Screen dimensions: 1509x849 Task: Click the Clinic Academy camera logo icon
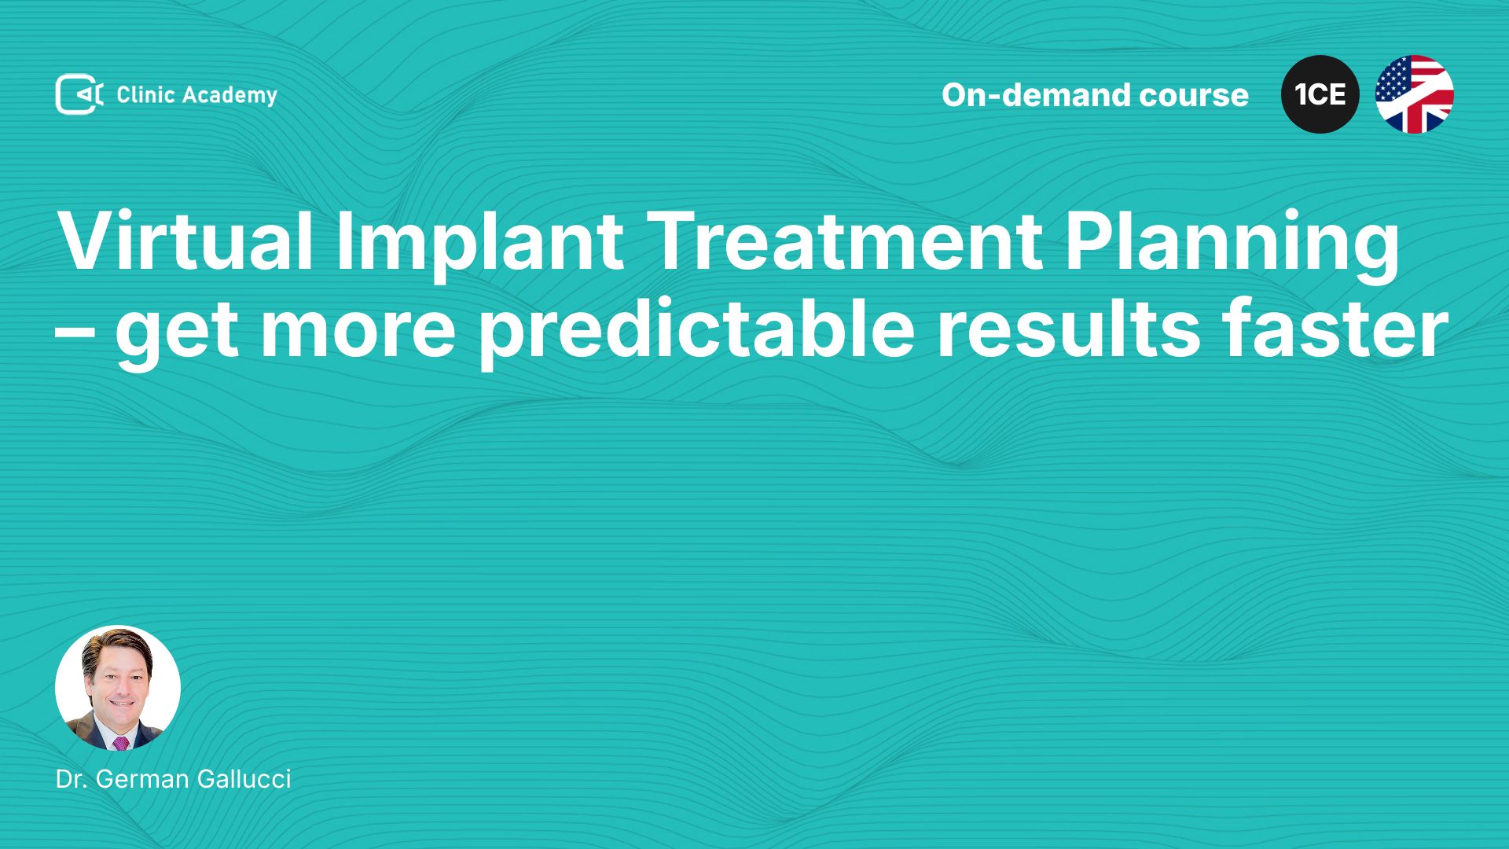[79, 94]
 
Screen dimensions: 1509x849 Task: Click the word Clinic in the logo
[145, 94]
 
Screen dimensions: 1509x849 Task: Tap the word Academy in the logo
[229, 96]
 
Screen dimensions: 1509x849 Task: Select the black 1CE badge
[1320, 94]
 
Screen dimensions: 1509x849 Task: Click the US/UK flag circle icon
[1414, 94]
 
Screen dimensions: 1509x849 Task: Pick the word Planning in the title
[1232, 244]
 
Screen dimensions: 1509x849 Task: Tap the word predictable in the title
[697, 330]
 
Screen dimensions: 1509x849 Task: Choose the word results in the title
[1068, 328]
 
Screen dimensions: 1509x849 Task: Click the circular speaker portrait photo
[118, 688]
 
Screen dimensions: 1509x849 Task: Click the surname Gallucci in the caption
[244, 779]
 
